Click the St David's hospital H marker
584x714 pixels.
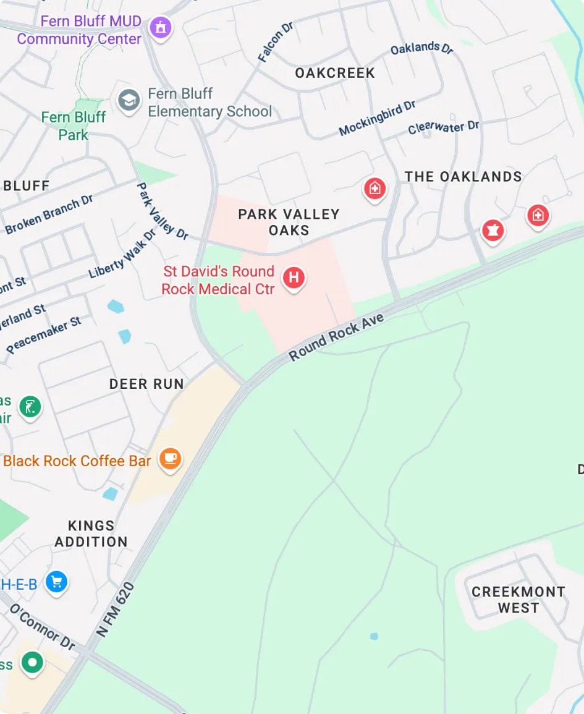(x=294, y=278)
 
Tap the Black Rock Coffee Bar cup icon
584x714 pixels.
(x=170, y=459)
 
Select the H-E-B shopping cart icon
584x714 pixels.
(x=57, y=582)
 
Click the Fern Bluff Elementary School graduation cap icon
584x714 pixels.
(x=129, y=100)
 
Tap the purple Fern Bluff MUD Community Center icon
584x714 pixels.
(x=161, y=27)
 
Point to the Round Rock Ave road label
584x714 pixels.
(x=336, y=337)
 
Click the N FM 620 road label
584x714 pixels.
(x=116, y=610)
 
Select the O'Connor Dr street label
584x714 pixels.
(x=42, y=626)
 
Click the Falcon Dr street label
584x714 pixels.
(x=275, y=42)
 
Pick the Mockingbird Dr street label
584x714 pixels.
(x=377, y=118)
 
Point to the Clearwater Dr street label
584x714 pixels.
(x=443, y=127)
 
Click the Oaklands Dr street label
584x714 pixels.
(x=422, y=48)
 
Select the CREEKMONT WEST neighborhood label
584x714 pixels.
(x=518, y=600)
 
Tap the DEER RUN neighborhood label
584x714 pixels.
(x=146, y=384)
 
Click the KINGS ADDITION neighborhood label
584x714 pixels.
(x=91, y=533)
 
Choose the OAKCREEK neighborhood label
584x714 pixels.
(x=335, y=73)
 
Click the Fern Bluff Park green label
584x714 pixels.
(x=73, y=125)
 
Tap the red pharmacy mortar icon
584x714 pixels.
(x=493, y=231)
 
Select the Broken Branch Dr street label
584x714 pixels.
(x=49, y=215)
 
